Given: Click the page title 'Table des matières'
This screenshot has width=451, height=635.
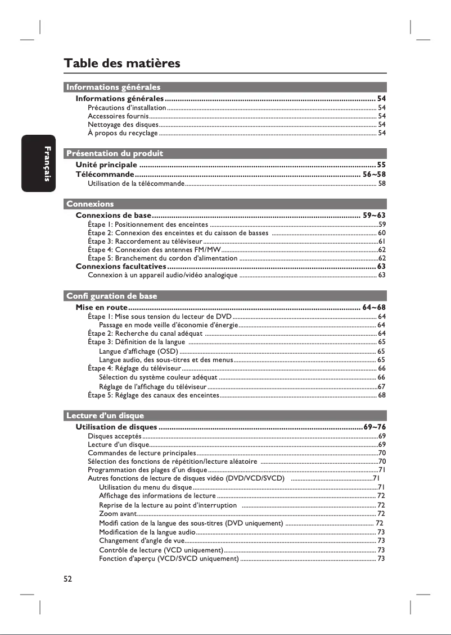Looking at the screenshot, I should click(122, 63).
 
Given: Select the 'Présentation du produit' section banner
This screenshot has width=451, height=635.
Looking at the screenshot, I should click(115, 153).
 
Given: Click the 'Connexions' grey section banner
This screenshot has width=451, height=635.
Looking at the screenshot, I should click(90, 204).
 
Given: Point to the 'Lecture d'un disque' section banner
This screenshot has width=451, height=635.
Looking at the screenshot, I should click(105, 415).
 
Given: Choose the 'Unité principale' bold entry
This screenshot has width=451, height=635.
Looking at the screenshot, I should click(106, 165).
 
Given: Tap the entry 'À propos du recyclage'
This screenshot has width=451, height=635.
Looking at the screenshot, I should click(123, 133).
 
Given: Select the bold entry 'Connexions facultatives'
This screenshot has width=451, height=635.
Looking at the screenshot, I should click(120, 266).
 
